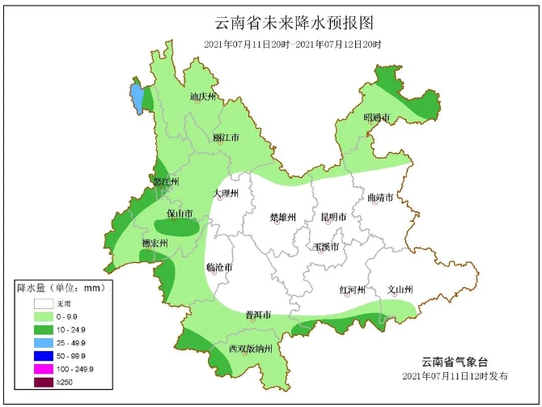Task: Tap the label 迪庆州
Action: pyautogui.click(x=203, y=97)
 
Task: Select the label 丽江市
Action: pyautogui.click(x=226, y=138)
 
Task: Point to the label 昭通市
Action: pyautogui.click(x=376, y=118)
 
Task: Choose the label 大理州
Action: pyautogui.click(x=226, y=193)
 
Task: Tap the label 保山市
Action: pyautogui.click(x=179, y=214)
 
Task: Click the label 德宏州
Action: pyautogui.click(x=155, y=243)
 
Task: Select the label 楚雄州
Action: pyautogui.click(x=283, y=217)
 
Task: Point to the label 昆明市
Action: pyautogui.click(x=333, y=217)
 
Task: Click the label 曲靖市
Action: pyautogui.click(x=379, y=197)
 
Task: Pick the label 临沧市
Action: pyautogui.click(x=219, y=267)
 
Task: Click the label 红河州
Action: pyautogui.click(x=353, y=290)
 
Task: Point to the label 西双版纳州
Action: pyautogui.click(x=254, y=349)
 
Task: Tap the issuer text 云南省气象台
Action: pyautogui.click(x=455, y=361)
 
